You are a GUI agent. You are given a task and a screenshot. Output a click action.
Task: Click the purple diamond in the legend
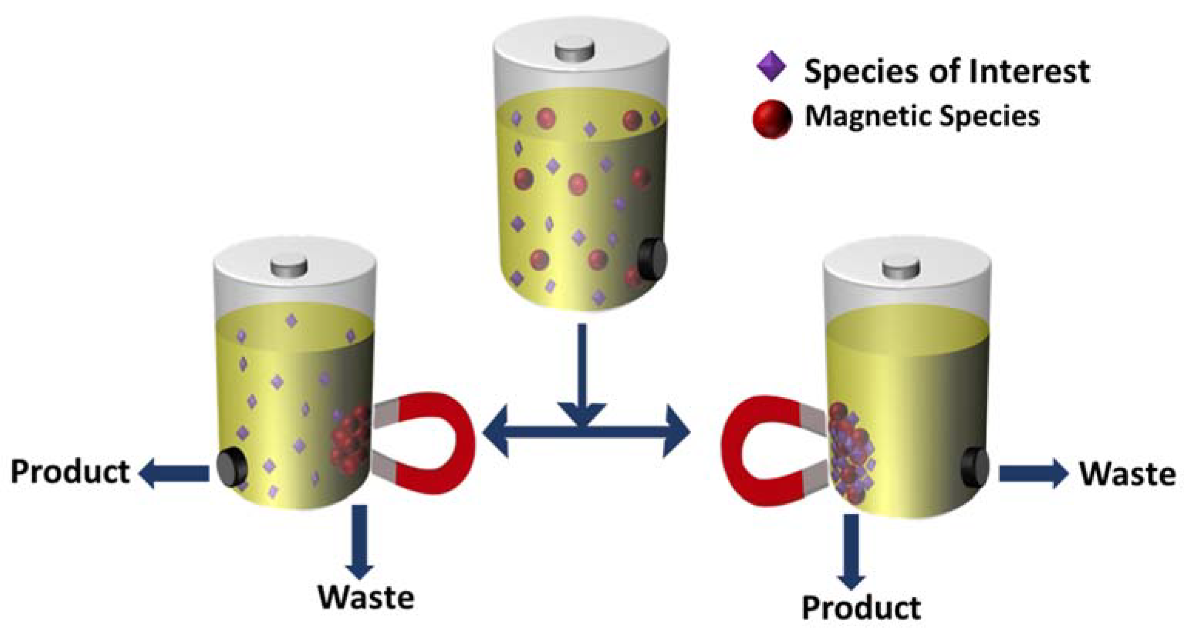click(771, 66)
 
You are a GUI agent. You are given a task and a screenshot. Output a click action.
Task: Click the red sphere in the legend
click(772, 119)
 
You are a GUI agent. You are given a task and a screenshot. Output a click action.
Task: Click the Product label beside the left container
click(70, 472)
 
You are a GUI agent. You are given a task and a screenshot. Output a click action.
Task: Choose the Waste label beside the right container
click(1127, 474)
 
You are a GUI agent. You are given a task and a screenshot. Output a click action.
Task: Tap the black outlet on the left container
click(232, 469)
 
